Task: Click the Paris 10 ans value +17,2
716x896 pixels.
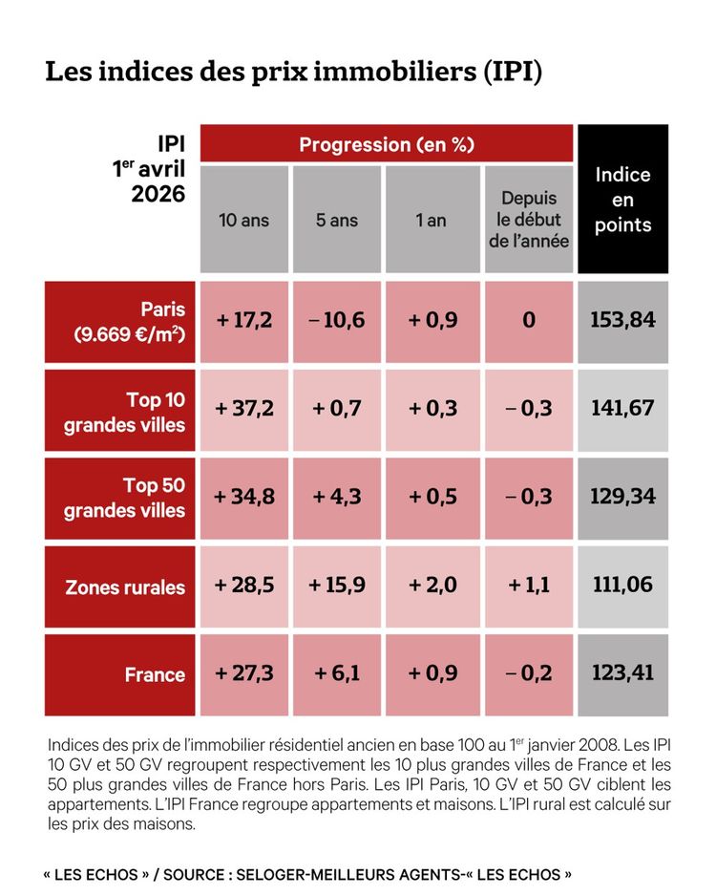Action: (244, 320)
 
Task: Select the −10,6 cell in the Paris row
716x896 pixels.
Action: (338, 320)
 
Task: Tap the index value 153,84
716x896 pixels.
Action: (622, 320)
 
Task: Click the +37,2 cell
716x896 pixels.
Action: (244, 409)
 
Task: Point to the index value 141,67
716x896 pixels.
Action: (622, 409)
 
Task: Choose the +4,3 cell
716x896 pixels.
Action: (338, 497)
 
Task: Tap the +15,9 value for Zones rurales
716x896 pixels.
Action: (338, 586)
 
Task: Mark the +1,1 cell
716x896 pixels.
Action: (529, 586)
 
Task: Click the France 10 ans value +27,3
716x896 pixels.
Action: (244, 673)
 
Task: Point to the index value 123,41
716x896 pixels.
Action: (622, 673)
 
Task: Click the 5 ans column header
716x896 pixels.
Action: (338, 221)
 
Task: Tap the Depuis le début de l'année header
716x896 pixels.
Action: (529, 221)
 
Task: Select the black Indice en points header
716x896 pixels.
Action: (622, 200)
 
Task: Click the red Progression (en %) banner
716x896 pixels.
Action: (387, 144)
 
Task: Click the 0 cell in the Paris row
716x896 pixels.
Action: (529, 320)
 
